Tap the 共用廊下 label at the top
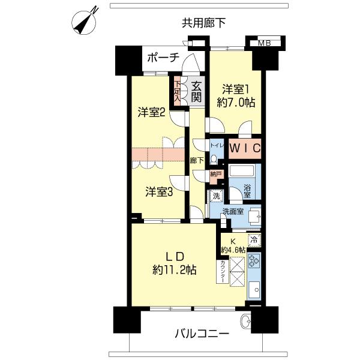[x=203, y=23]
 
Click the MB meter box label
[x=264, y=43]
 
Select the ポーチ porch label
[x=163, y=58]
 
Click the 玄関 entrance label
[x=196, y=92]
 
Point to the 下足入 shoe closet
[x=177, y=91]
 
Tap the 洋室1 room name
[x=236, y=89]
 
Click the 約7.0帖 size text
[x=236, y=103]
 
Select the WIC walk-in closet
[x=245, y=148]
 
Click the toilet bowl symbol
[x=214, y=160]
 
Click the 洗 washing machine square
[x=216, y=196]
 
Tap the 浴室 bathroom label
[x=247, y=191]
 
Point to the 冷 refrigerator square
[x=254, y=240]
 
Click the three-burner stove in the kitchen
[x=254, y=260]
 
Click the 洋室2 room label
[x=152, y=113]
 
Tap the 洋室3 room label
[x=159, y=192]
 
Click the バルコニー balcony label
[x=202, y=334]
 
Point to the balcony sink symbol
[x=246, y=320]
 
